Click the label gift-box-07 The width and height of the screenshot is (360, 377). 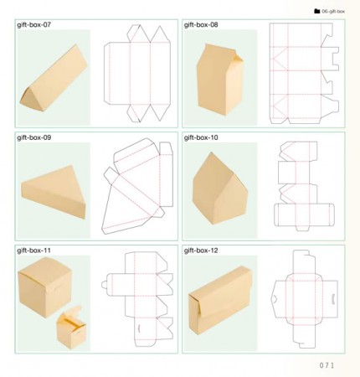click(x=34, y=24)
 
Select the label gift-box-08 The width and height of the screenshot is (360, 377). click(x=201, y=24)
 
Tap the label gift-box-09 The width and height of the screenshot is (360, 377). click(x=34, y=137)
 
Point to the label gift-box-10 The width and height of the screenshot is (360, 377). click(x=201, y=137)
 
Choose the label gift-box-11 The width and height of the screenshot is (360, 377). click(x=34, y=250)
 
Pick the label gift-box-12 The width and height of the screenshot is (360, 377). click(x=201, y=250)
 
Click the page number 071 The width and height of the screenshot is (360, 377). click(x=327, y=365)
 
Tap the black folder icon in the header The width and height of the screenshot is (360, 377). click(x=316, y=11)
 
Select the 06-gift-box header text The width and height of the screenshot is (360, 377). click(x=333, y=12)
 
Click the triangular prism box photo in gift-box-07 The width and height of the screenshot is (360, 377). click(x=54, y=78)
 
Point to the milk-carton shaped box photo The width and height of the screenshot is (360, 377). click(x=220, y=80)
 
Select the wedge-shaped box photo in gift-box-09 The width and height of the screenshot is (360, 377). click(x=53, y=192)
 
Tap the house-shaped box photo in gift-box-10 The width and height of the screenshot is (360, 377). click(x=219, y=188)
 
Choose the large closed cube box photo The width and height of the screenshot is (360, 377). click(x=45, y=287)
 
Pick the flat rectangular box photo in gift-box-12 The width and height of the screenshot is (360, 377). click(x=220, y=300)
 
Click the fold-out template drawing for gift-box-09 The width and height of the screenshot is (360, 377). click(x=137, y=187)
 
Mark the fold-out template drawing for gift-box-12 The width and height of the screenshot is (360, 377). click(x=305, y=299)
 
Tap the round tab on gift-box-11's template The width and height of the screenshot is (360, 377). click(x=104, y=285)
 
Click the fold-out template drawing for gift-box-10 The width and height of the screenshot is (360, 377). click(x=304, y=186)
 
